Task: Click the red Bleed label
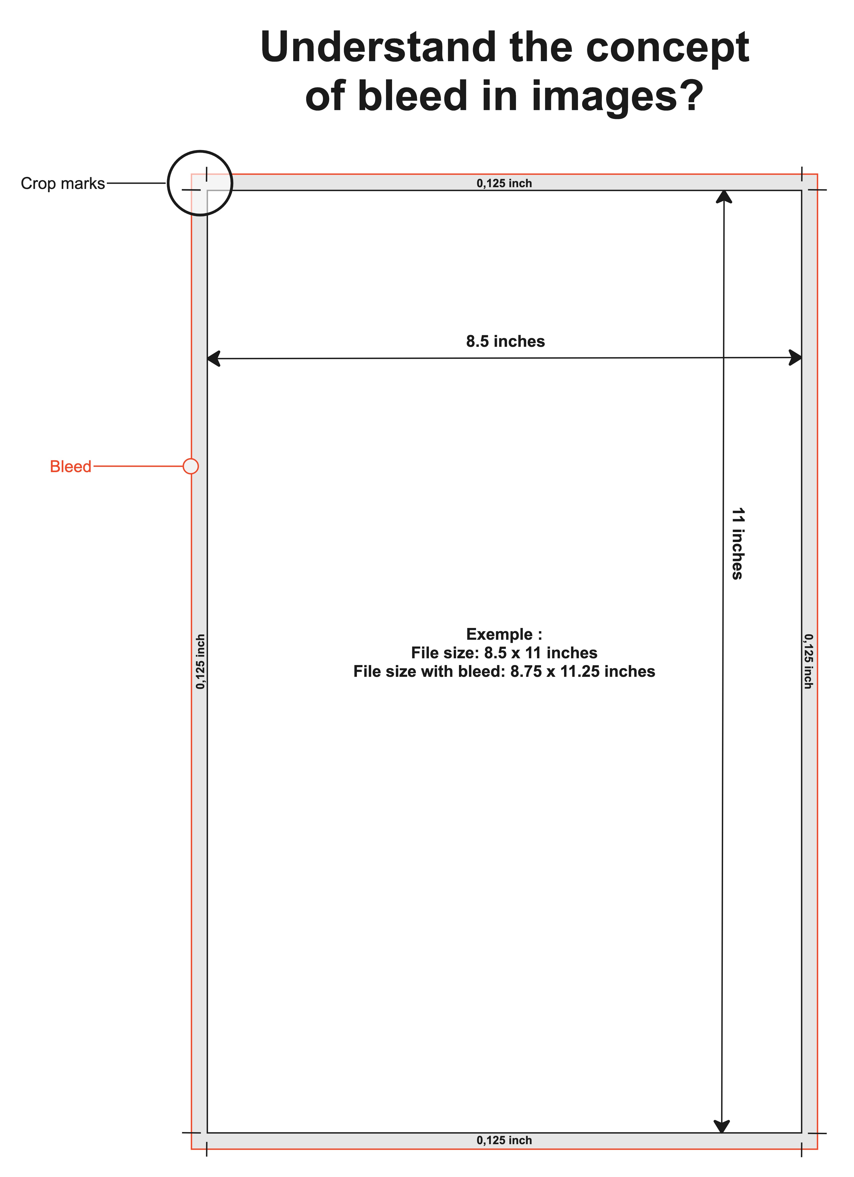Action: click(x=71, y=467)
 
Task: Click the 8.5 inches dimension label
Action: click(x=505, y=342)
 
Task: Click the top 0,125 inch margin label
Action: click(x=504, y=183)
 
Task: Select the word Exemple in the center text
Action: click(x=499, y=634)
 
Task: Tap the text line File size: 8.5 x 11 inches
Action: click(x=504, y=653)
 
